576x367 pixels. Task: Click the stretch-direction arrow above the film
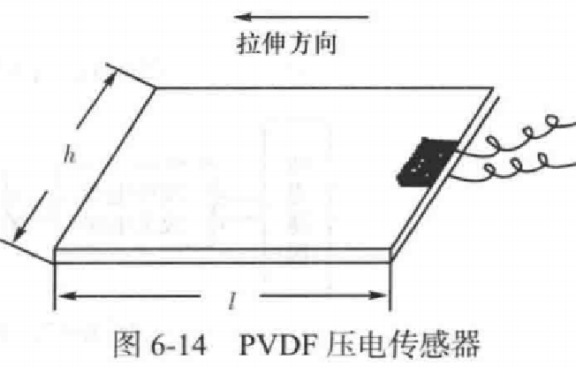pos(301,17)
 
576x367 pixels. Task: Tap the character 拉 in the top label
pos(248,43)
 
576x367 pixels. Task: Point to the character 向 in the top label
pos(325,43)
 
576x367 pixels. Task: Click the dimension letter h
pos(70,154)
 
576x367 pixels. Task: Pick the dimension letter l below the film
pos(231,302)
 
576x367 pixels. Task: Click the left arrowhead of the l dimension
pos(66,295)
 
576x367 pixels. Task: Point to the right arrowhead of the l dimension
pos(378,295)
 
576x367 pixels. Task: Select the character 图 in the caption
pos(126,344)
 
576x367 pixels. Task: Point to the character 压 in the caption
pos(341,344)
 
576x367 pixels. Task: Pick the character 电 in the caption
pos(373,344)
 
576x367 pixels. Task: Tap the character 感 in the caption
pos(436,344)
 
